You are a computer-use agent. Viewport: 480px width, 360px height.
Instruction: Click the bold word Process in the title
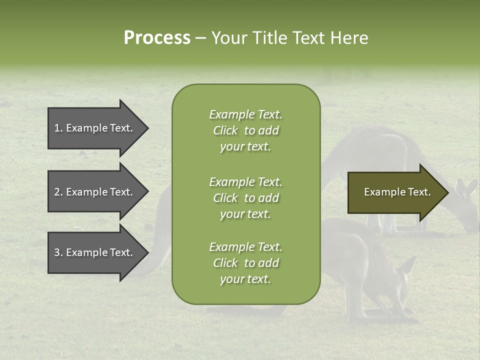tap(157, 38)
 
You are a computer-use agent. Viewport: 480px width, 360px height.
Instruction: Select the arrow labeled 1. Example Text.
tap(95, 128)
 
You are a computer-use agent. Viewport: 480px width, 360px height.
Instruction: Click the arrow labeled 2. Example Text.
tap(95, 192)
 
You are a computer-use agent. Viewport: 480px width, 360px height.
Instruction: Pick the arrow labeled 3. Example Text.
tap(95, 252)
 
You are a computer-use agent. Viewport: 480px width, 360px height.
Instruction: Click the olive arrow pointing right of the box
tap(395, 192)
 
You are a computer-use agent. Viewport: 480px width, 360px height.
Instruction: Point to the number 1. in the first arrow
tap(58, 128)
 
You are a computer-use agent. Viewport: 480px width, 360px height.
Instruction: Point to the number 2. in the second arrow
tap(58, 192)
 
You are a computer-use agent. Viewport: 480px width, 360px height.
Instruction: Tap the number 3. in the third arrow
tap(58, 252)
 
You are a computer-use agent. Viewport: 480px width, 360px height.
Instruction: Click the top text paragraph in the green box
tap(245, 130)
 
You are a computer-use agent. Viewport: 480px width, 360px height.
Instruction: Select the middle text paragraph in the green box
tap(245, 198)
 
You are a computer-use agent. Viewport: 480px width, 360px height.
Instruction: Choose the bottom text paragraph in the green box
tap(245, 263)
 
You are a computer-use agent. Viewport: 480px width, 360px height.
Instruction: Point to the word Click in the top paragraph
tap(225, 130)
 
